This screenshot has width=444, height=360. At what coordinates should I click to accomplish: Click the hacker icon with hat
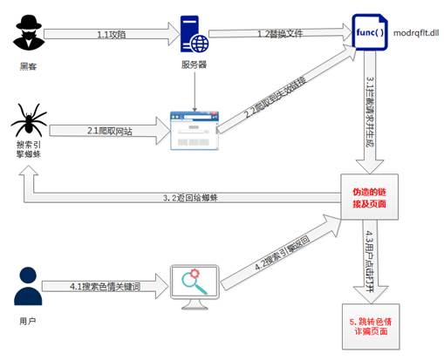pyautogui.click(x=30, y=35)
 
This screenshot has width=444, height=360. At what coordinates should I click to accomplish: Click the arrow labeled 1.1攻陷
pyautogui.click(x=109, y=35)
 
